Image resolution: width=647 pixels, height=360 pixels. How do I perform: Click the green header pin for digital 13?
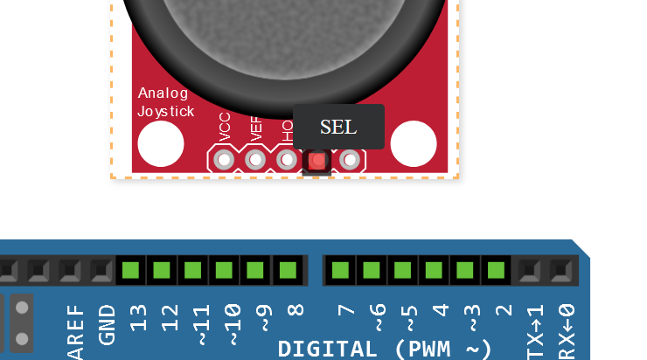(131, 270)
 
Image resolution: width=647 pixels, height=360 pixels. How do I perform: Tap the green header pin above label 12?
(162, 270)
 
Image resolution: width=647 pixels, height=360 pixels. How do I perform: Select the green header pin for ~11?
(193, 270)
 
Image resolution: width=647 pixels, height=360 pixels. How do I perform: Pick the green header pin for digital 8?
(288, 270)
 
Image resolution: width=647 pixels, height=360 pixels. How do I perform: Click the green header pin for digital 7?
(341, 270)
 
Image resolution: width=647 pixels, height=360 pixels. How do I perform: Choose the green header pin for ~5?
(403, 270)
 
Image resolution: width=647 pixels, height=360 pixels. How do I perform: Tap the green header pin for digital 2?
(497, 270)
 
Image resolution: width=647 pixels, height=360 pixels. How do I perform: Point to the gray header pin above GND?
(101, 270)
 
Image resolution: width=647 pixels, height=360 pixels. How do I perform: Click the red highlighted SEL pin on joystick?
(317, 161)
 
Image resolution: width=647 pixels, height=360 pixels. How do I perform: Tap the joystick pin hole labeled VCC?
(225, 160)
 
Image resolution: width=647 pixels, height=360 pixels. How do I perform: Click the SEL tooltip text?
(338, 127)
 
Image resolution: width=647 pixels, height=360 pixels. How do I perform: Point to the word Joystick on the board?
(166, 112)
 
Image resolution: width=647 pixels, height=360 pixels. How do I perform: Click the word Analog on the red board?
(163, 93)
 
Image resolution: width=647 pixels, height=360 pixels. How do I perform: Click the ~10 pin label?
(232, 322)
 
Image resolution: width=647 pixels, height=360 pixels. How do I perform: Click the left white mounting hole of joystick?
(161, 144)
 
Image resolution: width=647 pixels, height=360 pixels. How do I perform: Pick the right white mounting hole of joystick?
(414, 144)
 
